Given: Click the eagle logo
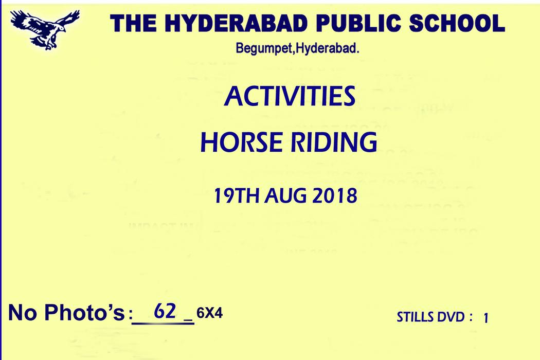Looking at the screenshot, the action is [45, 29].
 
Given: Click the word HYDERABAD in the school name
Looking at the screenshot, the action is [236, 24].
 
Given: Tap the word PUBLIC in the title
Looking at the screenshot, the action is [358, 24].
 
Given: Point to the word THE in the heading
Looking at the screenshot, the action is [133, 24].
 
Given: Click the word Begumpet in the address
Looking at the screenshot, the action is [264, 48].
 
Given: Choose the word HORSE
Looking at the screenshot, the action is [241, 142].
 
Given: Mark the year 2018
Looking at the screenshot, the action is [335, 195].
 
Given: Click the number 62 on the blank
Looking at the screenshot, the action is [165, 311].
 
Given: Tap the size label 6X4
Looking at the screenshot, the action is [209, 313].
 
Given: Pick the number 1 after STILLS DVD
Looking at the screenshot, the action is [486, 318].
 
